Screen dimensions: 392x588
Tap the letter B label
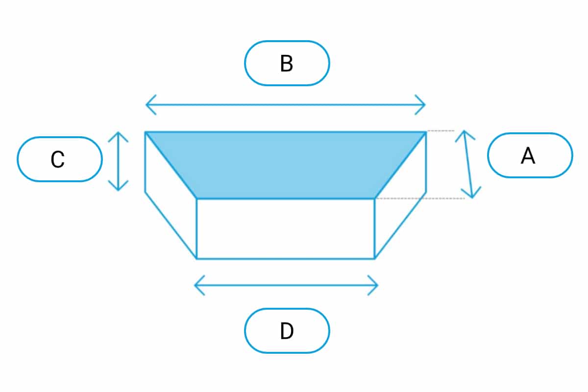click(287, 63)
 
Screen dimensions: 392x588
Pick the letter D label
click(287, 331)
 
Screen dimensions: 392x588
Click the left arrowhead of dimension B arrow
click(147, 105)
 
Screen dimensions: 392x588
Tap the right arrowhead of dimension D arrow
click(377, 285)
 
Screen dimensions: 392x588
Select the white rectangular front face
click(286, 228)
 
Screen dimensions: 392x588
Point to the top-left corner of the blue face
click(146, 132)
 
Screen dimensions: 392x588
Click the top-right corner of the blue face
click(425, 132)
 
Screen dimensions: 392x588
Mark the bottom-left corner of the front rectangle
click(197, 258)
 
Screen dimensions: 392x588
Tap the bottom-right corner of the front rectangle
click(375, 258)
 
